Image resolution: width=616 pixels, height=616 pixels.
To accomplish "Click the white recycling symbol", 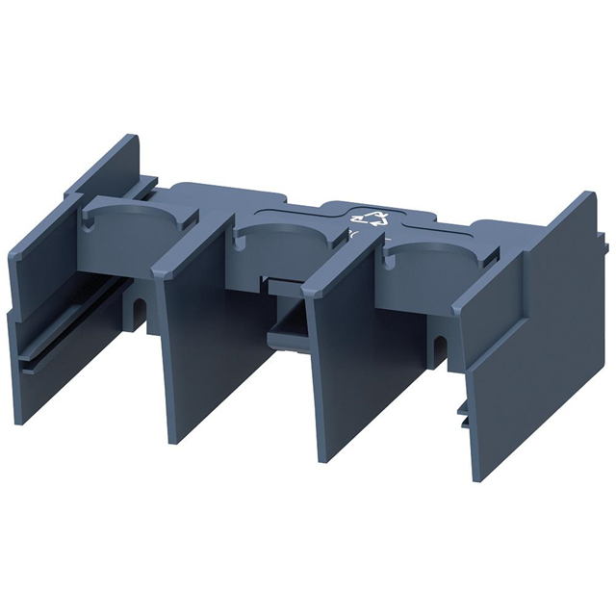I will click(x=376, y=219).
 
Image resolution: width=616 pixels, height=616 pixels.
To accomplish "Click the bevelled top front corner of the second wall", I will click(x=164, y=250).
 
